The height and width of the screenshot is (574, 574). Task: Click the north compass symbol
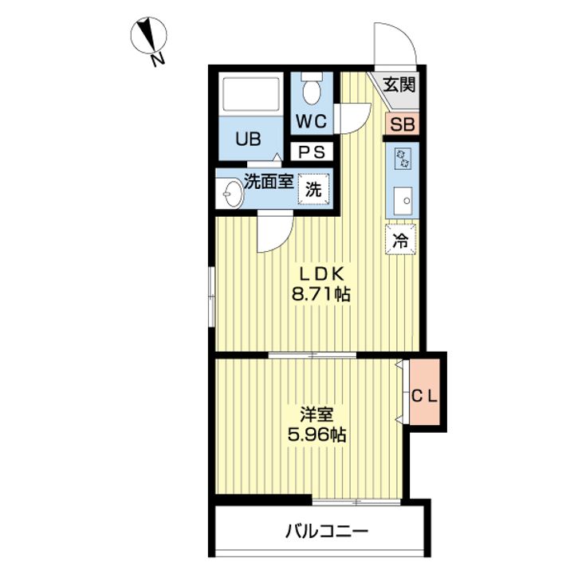coord(148,36)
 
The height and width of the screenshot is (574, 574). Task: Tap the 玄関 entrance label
coord(399,85)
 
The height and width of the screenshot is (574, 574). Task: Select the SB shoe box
coord(403,124)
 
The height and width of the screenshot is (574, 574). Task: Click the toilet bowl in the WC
coord(312,89)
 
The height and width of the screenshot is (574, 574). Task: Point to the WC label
coord(311,121)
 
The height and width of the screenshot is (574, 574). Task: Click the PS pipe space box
coord(312,151)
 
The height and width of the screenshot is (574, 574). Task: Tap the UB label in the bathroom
coord(248,139)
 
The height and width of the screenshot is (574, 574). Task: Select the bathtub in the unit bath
coord(251,94)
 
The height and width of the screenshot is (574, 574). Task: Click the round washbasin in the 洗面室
coord(230,194)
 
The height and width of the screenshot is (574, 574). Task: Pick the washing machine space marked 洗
coord(314,189)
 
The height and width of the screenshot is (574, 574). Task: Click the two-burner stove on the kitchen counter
coord(403,158)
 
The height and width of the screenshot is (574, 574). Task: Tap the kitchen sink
coord(403,201)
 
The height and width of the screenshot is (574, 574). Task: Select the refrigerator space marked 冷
coord(400,239)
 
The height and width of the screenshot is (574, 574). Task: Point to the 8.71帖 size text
coord(321,293)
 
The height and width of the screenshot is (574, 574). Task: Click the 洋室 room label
coord(316,414)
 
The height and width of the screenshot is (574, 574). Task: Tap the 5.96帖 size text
coord(316,435)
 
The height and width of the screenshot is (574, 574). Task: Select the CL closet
coord(424,392)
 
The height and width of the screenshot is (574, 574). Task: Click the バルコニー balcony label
coord(327,530)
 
